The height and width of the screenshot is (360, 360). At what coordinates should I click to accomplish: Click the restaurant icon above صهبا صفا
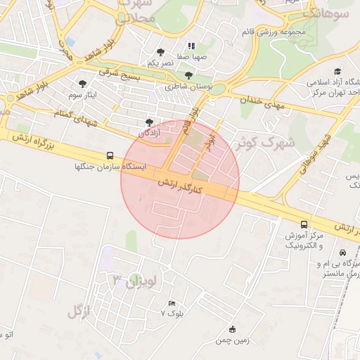[191, 46]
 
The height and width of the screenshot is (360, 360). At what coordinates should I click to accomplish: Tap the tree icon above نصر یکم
[161, 52]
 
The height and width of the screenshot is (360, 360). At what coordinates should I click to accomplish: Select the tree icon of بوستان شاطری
[188, 75]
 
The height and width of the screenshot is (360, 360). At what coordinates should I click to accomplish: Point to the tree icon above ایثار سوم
[83, 84]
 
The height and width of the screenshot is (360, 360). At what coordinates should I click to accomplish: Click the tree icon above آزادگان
[148, 122]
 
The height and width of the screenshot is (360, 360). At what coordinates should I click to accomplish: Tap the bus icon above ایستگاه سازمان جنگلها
[109, 155]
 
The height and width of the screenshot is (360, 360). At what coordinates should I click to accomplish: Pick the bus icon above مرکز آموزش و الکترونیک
[304, 223]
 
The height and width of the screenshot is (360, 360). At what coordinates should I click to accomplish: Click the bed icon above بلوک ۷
[172, 303]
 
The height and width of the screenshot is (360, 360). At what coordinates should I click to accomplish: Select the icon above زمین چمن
[233, 329]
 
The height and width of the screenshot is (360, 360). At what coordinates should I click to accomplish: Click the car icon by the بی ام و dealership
[342, 252]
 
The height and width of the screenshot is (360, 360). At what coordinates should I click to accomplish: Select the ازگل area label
[79, 311]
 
